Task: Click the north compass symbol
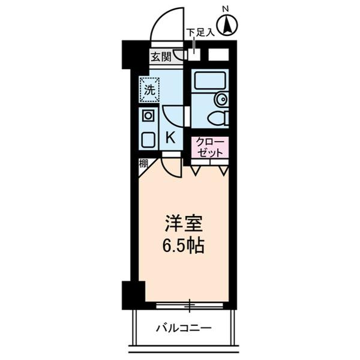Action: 227,25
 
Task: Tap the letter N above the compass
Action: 226,8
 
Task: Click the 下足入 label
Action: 200,33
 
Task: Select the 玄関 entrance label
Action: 160,57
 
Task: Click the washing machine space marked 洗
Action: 149,91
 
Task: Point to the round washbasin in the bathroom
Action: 221,100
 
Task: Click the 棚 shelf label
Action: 143,163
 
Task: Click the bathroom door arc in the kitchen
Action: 175,116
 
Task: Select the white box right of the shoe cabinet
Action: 218,55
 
